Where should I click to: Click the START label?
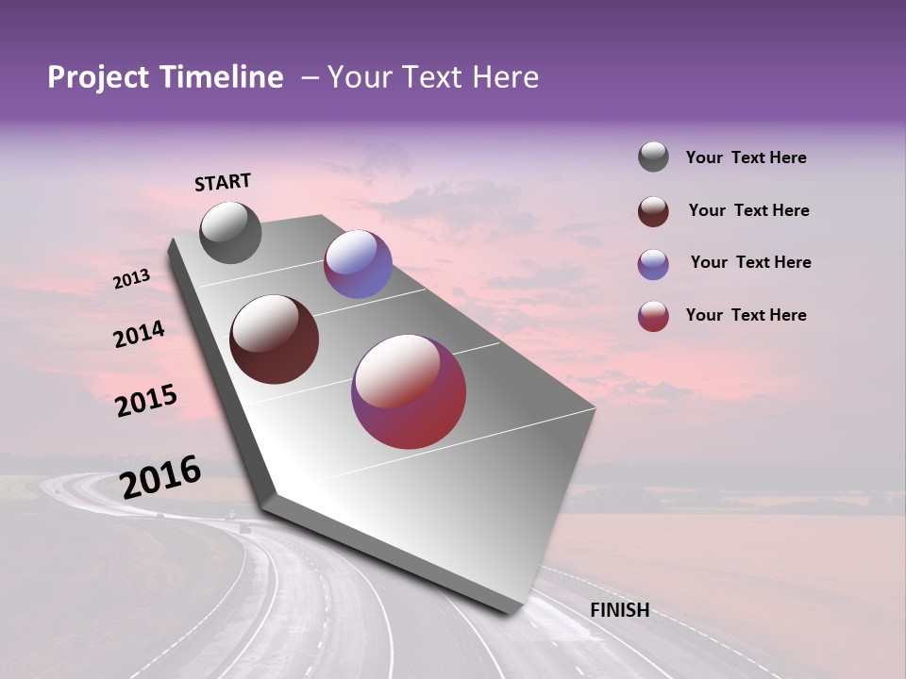223,182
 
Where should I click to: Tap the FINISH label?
619,610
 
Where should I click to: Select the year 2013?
131,279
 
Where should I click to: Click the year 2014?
139,334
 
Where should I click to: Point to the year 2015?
146,401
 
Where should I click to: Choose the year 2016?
160,476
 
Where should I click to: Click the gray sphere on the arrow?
230,232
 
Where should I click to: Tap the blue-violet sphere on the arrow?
358,264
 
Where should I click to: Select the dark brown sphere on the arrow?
274,339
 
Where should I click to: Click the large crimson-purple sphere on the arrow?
409,391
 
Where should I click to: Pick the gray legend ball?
653,157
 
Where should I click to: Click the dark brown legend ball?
653,211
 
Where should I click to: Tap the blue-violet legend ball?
653,264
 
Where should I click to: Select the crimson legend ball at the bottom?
653,316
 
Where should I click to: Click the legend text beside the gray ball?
746,157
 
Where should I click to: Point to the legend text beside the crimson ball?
746,315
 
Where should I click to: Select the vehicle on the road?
244,529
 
